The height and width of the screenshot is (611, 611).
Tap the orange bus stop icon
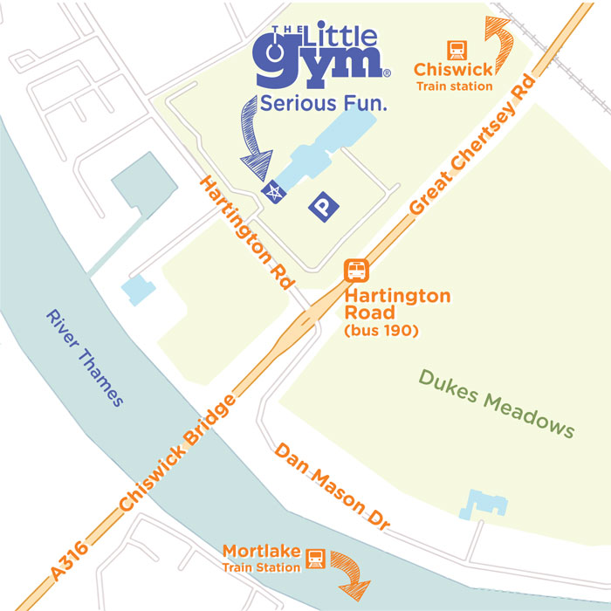click(x=357, y=271)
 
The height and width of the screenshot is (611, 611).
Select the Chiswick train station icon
click(x=455, y=50)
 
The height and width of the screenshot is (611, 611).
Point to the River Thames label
click(x=85, y=358)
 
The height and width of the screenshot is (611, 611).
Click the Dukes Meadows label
click(x=497, y=403)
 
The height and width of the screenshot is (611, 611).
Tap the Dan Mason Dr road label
click(x=332, y=489)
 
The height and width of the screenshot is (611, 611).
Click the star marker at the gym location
click(x=274, y=192)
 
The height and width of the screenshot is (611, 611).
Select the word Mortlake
click(x=261, y=551)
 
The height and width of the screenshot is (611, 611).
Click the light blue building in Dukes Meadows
click(x=484, y=502)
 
